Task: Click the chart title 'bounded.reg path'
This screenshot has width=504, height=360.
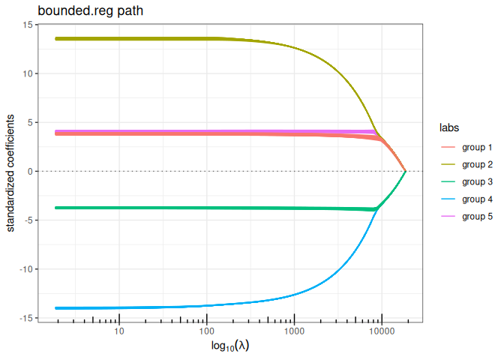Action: pos(84,10)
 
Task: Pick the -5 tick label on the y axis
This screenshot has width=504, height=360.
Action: pos(28,220)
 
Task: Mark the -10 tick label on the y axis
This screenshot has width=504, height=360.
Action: pos(25,269)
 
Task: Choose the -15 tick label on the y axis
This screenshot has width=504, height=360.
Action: pos(25,318)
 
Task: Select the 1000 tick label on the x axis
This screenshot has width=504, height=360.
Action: pos(294,331)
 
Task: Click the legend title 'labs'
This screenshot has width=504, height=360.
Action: pos(450,127)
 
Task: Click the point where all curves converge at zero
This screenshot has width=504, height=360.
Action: pos(406,172)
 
